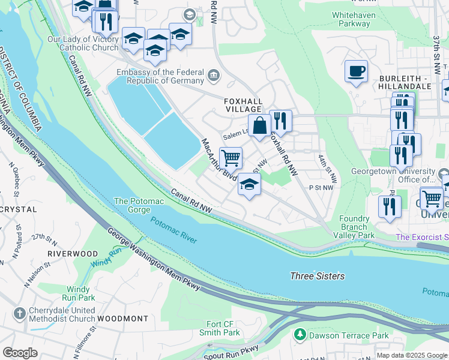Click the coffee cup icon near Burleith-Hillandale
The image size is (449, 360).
356,71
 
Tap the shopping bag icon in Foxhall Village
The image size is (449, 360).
259,125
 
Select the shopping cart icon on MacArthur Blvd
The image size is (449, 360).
231,158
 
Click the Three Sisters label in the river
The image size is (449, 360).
317,276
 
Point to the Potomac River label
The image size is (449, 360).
173,230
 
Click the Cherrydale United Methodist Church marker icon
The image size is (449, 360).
20,313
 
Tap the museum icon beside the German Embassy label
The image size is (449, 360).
214,75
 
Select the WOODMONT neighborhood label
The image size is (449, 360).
122,318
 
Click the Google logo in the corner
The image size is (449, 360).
20,353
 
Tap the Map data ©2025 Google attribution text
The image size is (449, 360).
411,355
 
